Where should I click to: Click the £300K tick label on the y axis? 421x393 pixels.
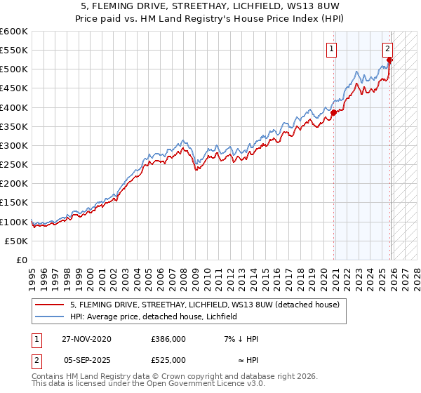tap(14, 146)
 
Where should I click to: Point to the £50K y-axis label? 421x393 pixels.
tap(16, 241)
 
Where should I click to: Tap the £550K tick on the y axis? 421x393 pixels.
tap(14, 51)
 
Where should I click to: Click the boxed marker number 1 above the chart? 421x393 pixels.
tap(330, 48)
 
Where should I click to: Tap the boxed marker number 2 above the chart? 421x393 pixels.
tap(387, 48)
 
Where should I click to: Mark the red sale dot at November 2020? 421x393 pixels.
tap(334, 114)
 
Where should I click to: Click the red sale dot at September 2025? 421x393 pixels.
tap(389, 60)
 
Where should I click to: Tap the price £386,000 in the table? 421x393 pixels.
tap(168, 339)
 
